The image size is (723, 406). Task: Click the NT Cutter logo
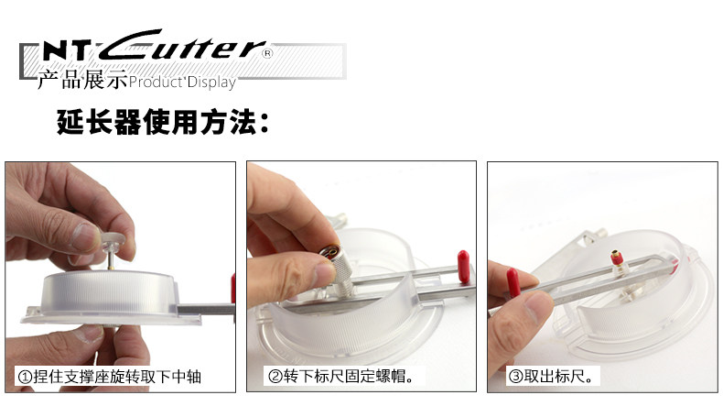pos(155,45)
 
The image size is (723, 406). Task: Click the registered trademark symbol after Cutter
pos(267,53)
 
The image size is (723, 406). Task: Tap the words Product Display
pos(182,82)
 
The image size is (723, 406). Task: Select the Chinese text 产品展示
pos(82,80)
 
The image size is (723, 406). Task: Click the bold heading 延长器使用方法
pos(163,122)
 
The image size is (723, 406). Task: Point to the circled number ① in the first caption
pos(25,377)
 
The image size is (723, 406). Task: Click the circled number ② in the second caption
pos(275,377)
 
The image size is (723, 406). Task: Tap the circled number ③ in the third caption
pos(515,377)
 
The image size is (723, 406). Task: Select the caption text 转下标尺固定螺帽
pos(348,377)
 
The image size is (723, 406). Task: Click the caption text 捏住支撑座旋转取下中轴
pos(117,377)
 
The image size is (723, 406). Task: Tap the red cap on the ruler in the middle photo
pos(463,267)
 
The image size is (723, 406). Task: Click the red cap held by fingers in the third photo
pos(513,281)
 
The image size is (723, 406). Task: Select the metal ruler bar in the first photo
pos(206,310)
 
